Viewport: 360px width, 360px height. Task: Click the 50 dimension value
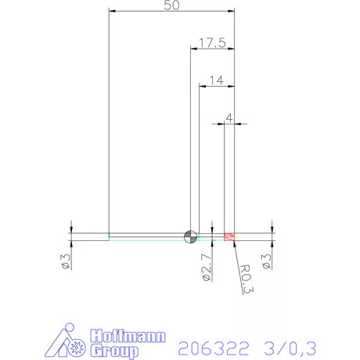(x=171, y=5)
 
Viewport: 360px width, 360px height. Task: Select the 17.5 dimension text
(x=211, y=43)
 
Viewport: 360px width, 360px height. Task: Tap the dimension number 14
(x=217, y=80)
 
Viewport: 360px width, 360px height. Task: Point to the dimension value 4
(x=229, y=117)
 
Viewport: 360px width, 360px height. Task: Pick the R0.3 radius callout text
(x=245, y=279)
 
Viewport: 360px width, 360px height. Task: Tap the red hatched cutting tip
(x=230, y=236)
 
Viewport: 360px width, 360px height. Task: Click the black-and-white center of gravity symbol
(x=190, y=236)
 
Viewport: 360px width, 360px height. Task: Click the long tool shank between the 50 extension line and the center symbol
(x=149, y=236)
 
